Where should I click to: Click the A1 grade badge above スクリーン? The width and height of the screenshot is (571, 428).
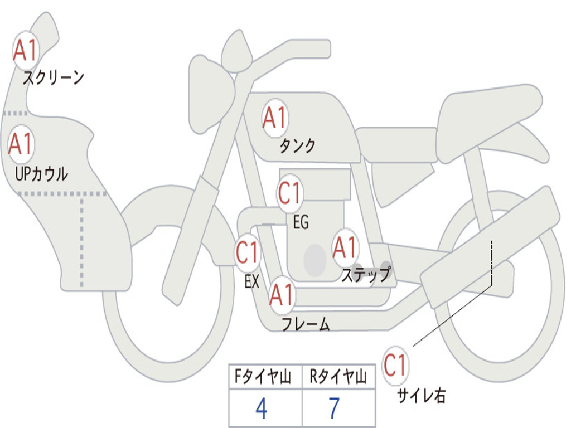point(25,51)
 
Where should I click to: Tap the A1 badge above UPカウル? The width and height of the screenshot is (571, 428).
point(21,144)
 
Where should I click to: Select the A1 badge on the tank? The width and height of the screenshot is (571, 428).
point(274,118)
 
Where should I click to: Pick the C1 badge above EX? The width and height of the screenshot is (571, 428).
point(247,254)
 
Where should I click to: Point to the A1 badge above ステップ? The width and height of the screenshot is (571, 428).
point(345,248)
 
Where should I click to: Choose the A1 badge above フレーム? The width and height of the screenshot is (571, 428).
point(282,295)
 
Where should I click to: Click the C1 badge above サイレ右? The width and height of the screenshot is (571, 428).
point(395,366)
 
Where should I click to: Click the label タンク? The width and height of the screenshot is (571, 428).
point(297,145)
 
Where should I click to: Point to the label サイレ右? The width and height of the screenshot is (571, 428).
point(422,396)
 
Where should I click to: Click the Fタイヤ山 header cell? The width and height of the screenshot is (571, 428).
point(264,377)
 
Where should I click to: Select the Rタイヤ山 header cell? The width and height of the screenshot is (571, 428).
point(338,377)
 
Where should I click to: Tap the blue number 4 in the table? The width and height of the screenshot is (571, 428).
point(262,409)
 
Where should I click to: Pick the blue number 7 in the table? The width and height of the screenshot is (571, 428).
point(334,409)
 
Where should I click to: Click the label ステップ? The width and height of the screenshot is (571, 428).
point(366,275)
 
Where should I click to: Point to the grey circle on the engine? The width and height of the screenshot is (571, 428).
point(314,260)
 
